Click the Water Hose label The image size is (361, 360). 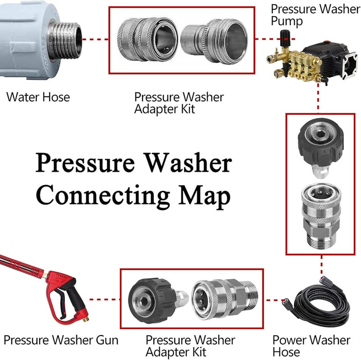click(38, 97)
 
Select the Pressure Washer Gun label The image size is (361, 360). click(61, 340)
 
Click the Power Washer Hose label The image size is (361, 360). click(311, 346)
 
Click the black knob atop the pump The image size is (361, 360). click(286, 35)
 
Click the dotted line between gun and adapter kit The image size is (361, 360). click(104, 299)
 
